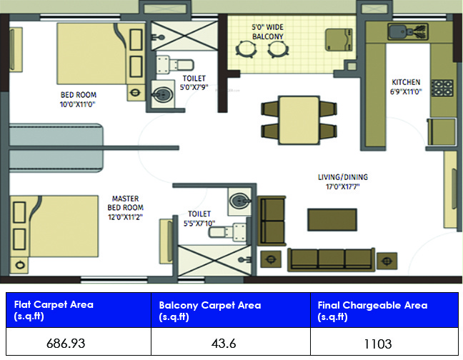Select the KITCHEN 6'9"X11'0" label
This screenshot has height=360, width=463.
(405, 86)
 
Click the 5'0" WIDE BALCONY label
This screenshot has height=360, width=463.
(268, 31)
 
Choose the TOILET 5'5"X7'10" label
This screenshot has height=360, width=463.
(199, 218)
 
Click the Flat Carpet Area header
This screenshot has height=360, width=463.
(54, 310)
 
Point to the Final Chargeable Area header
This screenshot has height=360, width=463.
(372, 310)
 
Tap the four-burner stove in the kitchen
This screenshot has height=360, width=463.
(443, 88)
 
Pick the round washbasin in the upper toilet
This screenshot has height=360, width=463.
(163, 93)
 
